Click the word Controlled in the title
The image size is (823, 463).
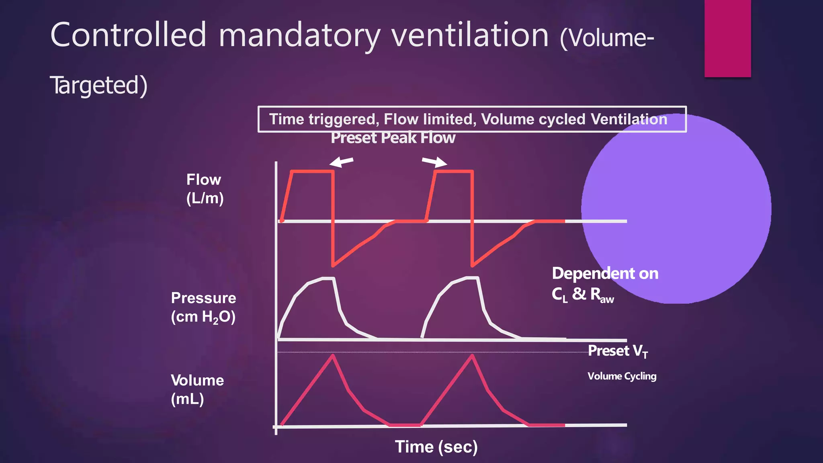[x=128, y=35]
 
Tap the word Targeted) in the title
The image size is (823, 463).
[x=99, y=85]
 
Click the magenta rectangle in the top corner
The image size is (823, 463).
[x=727, y=38]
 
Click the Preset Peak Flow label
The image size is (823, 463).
[x=393, y=138]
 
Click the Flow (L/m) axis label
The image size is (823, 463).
[x=204, y=189]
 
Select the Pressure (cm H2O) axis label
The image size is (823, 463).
[x=203, y=307]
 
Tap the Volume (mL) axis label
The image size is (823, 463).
[x=197, y=389]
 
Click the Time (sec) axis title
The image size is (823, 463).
[x=436, y=447]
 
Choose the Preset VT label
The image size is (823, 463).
[x=618, y=351]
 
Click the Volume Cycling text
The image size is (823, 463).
[x=622, y=376]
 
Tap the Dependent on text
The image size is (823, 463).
[x=605, y=274]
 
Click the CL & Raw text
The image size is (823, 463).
[x=582, y=295]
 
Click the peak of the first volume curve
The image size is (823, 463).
[x=333, y=355]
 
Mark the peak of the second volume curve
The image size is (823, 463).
[x=473, y=355]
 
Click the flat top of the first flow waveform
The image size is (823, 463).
[x=313, y=172]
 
